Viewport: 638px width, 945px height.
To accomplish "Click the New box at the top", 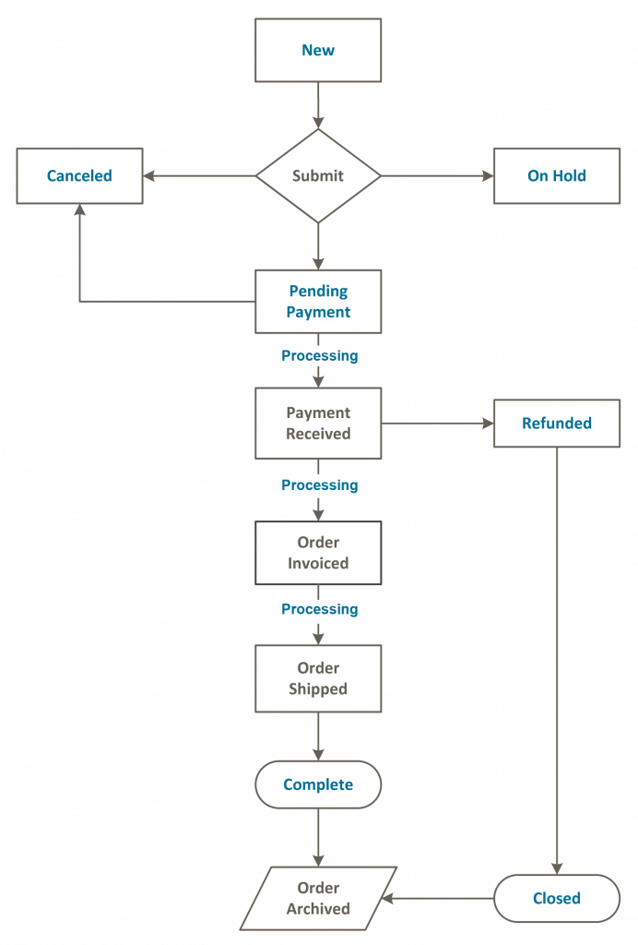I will tap(318, 50).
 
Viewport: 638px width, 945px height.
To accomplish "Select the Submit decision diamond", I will tap(318, 175).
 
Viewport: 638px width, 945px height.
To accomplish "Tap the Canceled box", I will tap(79, 175).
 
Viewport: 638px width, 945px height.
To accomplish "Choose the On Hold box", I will tap(556, 175).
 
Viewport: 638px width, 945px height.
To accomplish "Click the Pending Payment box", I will tap(318, 302).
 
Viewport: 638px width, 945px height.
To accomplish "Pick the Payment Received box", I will tap(318, 424).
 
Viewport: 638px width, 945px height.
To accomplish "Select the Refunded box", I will tap(556, 424).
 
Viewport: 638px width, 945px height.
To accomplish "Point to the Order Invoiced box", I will tap(318, 553).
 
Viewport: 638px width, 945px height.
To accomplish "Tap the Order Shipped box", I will tap(318, 678).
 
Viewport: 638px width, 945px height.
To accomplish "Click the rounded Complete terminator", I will tap(318, 784).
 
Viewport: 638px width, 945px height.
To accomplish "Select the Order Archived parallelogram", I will tap(318, 898).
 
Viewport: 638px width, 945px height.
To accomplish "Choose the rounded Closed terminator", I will tap(556, 898).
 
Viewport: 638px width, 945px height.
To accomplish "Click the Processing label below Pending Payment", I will tap(319, 355).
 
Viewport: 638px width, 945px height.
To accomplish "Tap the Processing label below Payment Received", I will tap(319, 484).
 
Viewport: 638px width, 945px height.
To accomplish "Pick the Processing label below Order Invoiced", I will tap(319, 609).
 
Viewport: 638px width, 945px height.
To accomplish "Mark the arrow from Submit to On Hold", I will tap(437, 175).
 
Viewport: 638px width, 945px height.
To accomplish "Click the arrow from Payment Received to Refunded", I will tap(437, 424).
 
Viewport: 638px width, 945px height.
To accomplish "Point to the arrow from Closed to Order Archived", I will tap(439, 898).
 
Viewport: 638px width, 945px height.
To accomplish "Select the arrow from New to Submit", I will tap(318, 105).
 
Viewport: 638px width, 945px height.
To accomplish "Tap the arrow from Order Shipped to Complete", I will tap(318, 736).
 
